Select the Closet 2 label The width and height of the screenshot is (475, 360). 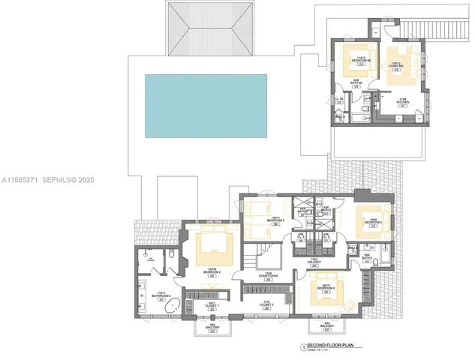pyautogui.click(x=266, y=304)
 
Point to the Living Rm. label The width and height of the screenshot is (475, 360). pyautogui.click(x=396, y=65)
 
